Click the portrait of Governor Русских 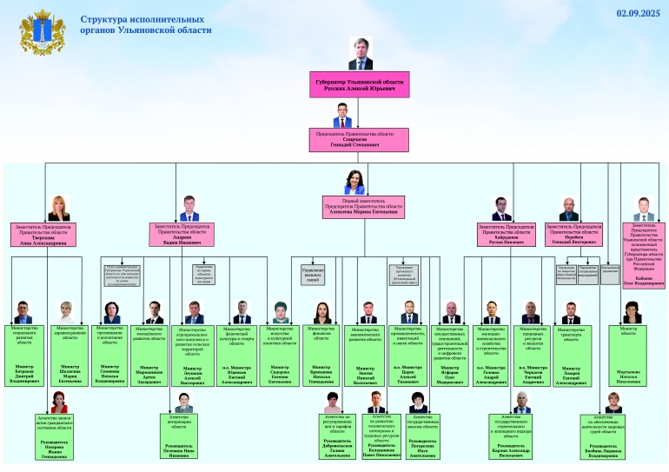[359, 53]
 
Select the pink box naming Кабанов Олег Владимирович [644, 256]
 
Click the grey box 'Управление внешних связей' [313, 275]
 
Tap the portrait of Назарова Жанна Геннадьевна [59, 402]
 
